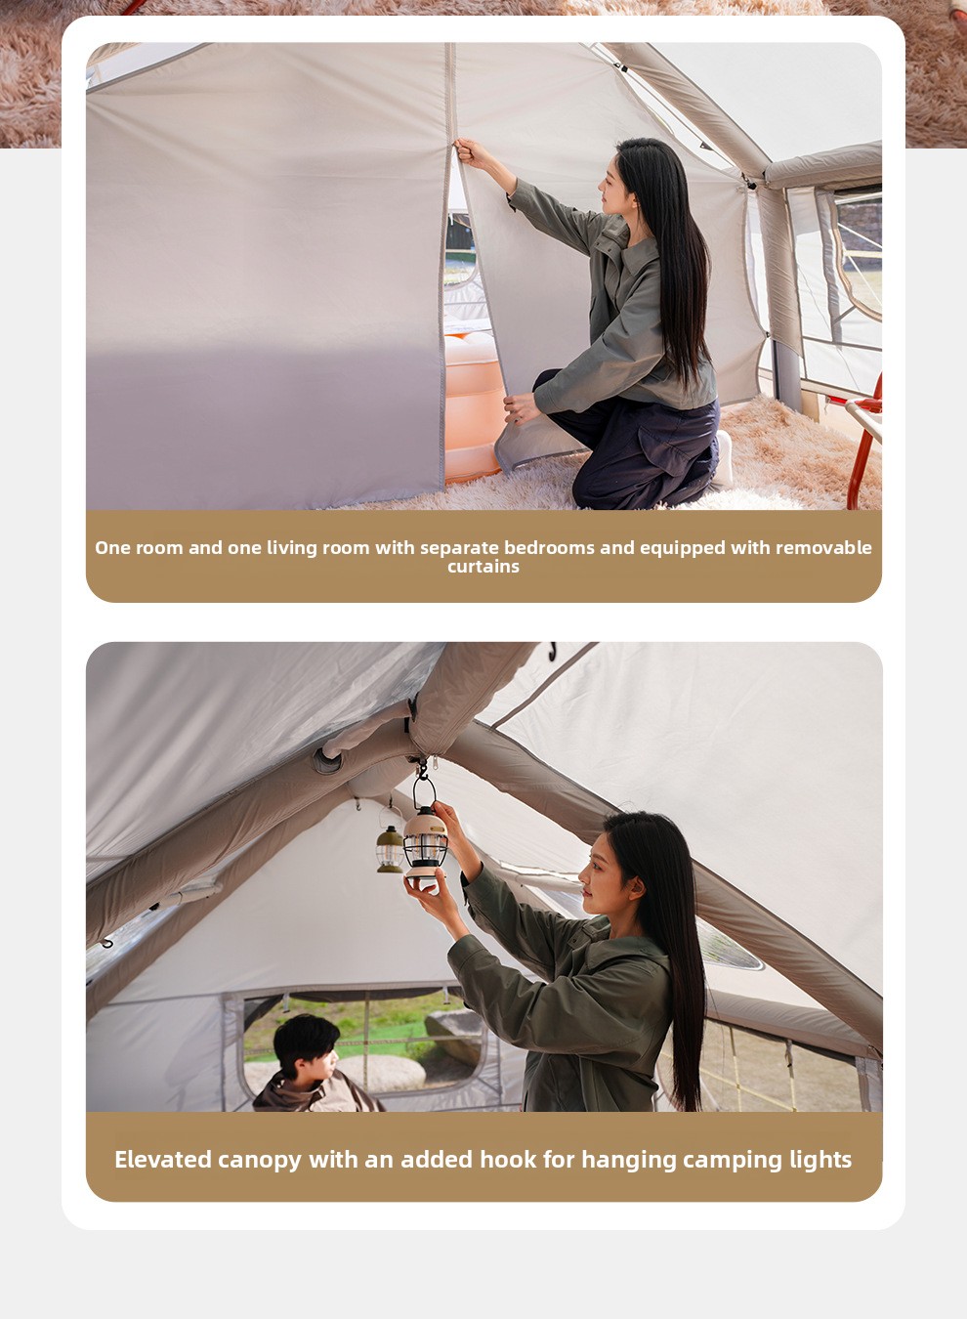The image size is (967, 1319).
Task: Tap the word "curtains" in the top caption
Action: click(x=483, y=567)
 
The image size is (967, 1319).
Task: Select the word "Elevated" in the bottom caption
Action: click(x=163, y=1160)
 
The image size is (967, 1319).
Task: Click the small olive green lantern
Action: click(x=390, y=848)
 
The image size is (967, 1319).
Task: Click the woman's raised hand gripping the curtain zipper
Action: click(x=470, y=151)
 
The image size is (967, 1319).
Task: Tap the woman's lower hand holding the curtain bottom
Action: click(x=522, y=407)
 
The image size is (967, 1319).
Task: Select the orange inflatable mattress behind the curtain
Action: click(x=473, y=406)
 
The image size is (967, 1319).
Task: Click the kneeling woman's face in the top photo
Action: click(x=613, y=186)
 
